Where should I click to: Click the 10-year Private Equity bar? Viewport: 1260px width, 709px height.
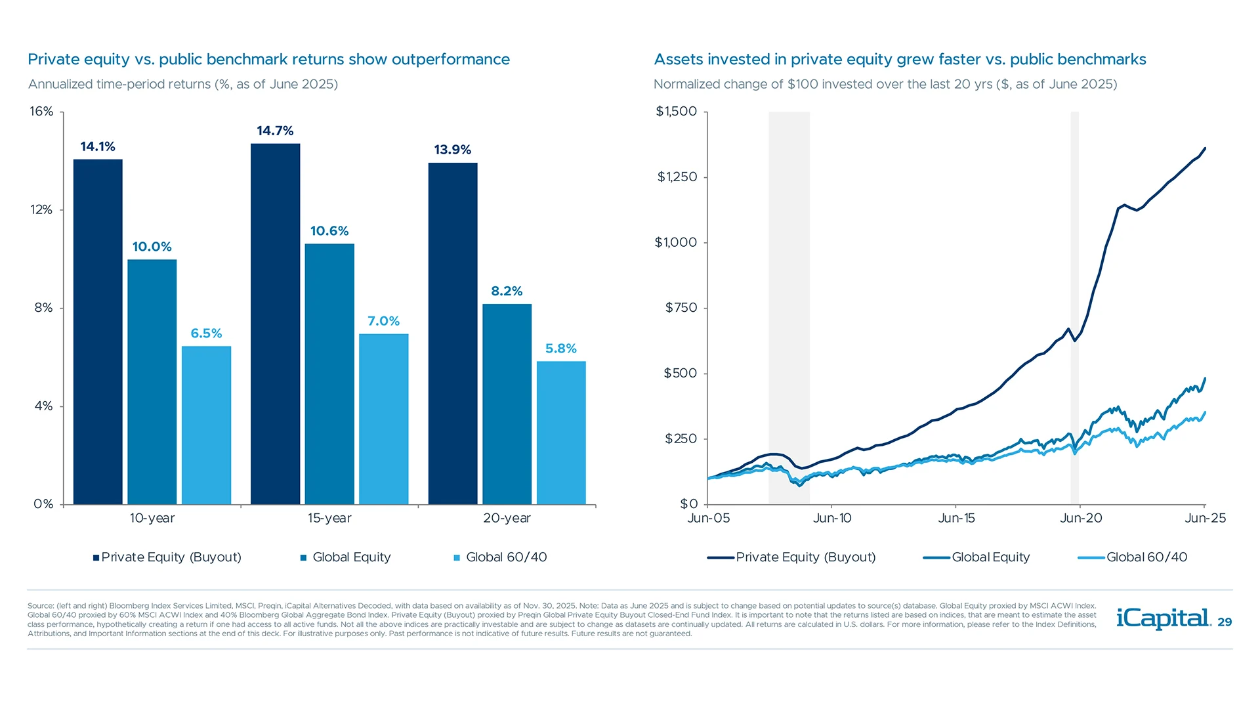(98, 332)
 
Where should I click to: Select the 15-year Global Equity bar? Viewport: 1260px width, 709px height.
(329, 374)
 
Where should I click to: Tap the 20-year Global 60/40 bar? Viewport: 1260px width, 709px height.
(561, 433)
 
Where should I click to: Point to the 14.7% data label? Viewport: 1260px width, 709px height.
(275, 131)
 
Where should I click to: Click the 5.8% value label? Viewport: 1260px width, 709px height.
(561, 349)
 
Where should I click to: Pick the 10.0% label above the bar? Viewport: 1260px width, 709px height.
(152, 247)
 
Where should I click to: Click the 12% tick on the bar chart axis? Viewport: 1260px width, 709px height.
(41, 209)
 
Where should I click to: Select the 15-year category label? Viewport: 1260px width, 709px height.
(329, 518)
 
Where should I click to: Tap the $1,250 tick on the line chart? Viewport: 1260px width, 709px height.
(677, 177)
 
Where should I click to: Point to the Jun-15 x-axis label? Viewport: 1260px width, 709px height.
(956, 518)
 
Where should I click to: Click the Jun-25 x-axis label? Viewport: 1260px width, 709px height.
(1205, 518)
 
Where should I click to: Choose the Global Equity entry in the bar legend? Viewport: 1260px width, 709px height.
(351, 557)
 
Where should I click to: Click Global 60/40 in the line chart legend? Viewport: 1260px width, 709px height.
(1146, 557)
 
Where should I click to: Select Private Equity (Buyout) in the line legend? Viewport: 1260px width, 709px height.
(805, 557)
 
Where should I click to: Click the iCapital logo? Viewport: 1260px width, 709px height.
(1163, 618)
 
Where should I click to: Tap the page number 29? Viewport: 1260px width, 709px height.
(1225, 622)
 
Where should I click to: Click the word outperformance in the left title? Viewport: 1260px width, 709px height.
(450, 60)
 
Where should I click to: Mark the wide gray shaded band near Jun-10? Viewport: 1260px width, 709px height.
(789, 295)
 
